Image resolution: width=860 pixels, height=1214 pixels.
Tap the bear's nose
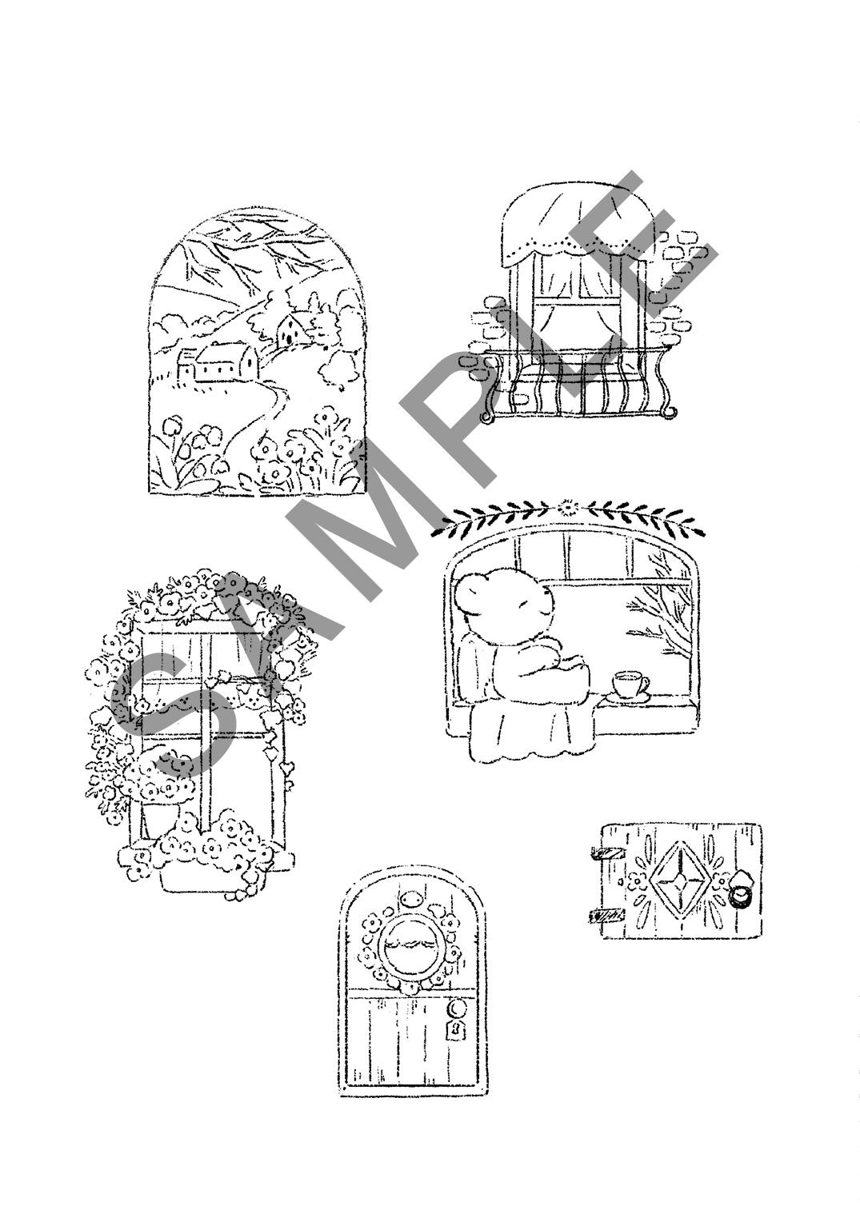[523, 603]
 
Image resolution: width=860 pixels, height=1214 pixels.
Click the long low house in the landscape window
[217, 362]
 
